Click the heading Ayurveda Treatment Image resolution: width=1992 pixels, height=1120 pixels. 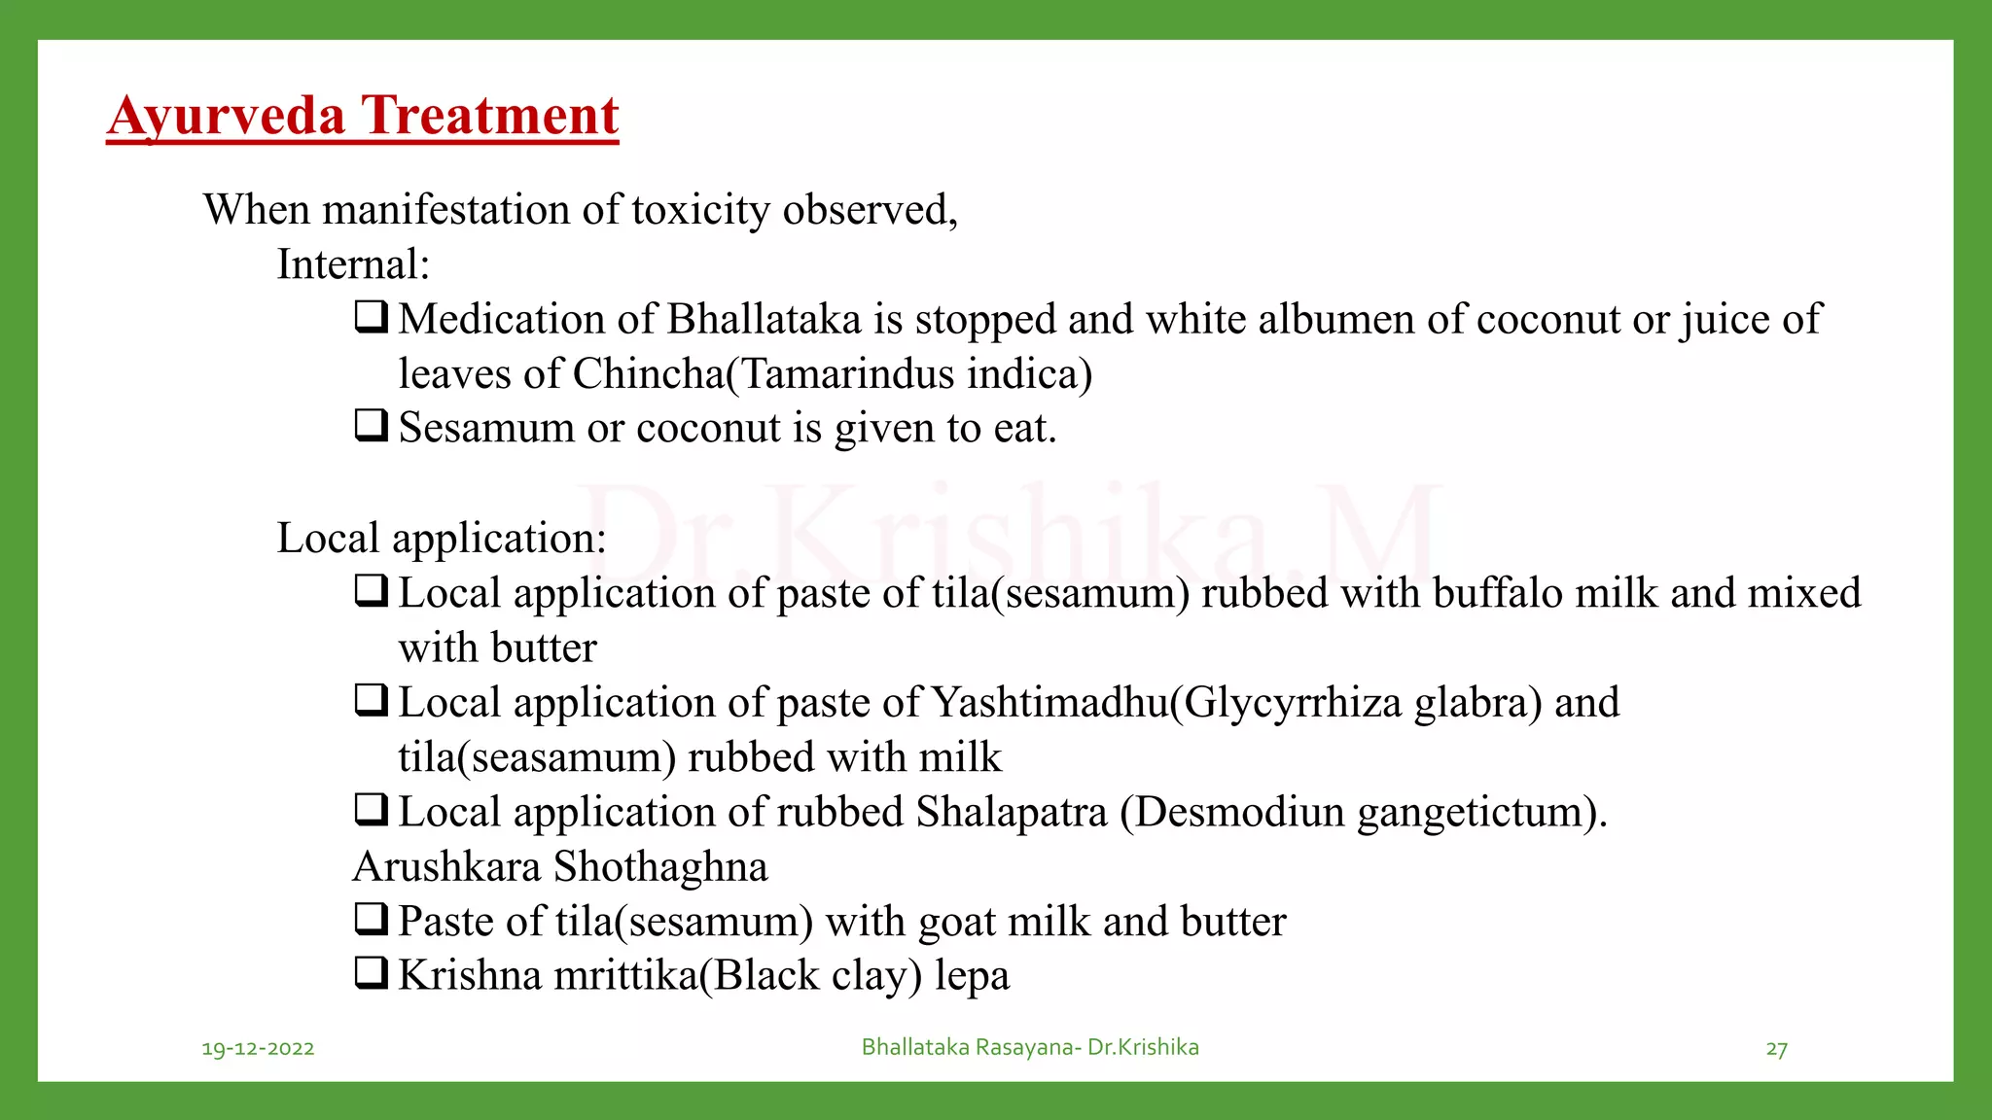[363, 117]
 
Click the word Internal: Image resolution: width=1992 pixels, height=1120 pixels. [353, 264]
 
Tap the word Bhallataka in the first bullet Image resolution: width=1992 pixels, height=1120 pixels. [765, 320]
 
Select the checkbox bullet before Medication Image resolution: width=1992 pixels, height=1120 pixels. [372, 316]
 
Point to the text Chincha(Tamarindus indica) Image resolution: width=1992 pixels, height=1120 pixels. [833, 374]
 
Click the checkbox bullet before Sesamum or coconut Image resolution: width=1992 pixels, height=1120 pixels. [372, 425]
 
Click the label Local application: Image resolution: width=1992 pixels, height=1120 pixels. [442, 539]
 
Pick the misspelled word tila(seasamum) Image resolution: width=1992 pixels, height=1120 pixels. [537, 757]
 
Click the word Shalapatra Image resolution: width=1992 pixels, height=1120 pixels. [1012, 812]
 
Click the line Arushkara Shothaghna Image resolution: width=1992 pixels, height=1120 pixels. [560, 867]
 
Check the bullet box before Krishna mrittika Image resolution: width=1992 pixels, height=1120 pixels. [372, 972]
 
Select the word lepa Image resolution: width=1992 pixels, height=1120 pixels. [972, 976]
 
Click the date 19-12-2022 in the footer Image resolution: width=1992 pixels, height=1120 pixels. [258, 1048]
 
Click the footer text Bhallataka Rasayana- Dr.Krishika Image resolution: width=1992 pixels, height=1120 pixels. [1030, 1047]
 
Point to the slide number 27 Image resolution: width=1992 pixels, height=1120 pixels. [1776, 1049]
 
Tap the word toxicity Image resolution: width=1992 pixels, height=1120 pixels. [700, 210]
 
